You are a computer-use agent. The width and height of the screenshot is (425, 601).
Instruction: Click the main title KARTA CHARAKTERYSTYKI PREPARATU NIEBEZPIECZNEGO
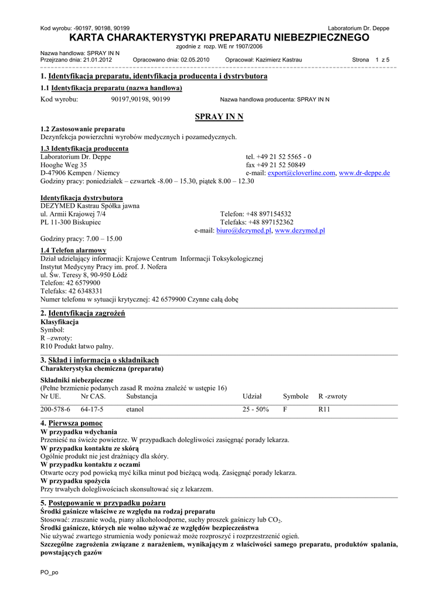(x=219, y=38)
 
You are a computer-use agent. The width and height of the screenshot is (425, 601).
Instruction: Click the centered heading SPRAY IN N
(x=219, y=117)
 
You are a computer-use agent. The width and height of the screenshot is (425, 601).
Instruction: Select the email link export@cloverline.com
(x=301, y=173)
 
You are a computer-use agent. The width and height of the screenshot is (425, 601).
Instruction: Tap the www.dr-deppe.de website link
(x=364, y=173)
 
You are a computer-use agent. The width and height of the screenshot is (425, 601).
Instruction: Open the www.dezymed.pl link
(x=300, y=231)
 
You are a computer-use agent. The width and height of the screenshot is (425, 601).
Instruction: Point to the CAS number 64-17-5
(x=92, y=409)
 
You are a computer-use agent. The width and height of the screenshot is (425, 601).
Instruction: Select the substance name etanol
(x=135, y=409)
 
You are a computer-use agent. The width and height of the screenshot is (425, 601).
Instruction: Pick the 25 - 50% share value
(x=256, y=409)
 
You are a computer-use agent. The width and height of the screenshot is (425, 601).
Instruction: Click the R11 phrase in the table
(x=324, y=409)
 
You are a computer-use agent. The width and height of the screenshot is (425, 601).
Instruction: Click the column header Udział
(x=252, y=396)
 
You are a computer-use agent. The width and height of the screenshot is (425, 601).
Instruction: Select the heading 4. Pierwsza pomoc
(x=72, y=423)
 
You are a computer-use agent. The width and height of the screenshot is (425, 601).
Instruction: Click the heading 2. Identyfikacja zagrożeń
(x=83, y=313)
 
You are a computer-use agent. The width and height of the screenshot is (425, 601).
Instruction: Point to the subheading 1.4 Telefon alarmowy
(x=73, y=250)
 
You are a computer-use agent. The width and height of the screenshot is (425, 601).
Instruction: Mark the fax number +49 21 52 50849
(x=276, y=165)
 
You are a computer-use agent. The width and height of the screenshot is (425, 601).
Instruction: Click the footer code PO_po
(x=49, y=572)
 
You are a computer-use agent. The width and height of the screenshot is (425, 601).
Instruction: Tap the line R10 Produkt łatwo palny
(x=77, y=346)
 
